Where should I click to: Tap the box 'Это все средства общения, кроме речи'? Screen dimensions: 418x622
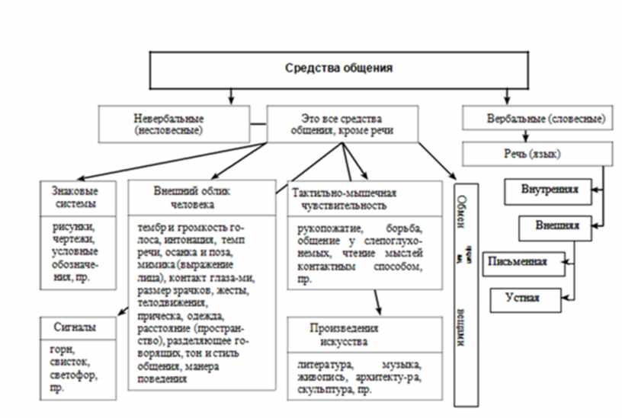341,123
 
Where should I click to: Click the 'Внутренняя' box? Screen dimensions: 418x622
548,190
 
